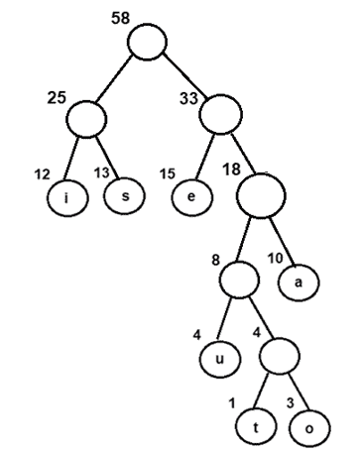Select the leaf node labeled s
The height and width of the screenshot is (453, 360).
point(126,195)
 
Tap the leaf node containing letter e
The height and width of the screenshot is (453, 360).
point(189,195)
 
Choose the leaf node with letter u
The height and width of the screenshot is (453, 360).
point(217,358)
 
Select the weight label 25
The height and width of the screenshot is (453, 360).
point(56,97)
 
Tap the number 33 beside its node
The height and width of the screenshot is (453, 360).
point(187,97)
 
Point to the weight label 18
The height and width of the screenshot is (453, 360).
point(229,170)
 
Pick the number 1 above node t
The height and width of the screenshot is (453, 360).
point(230,404)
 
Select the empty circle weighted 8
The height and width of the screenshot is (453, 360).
point(238,277)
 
